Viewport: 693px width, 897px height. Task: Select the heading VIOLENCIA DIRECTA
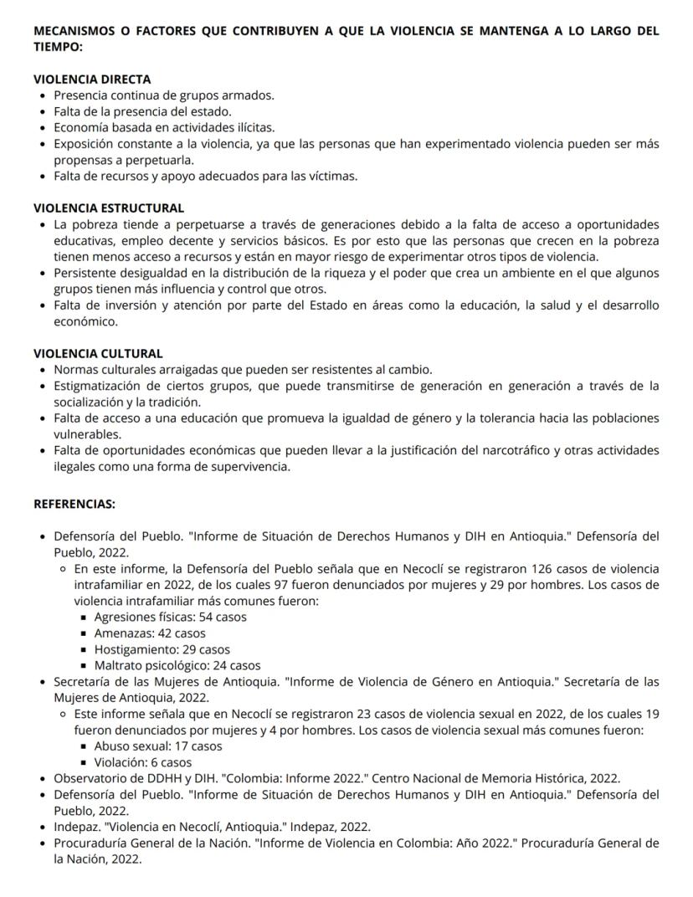tap(92, 79)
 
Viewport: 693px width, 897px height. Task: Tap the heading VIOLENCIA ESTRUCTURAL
tap(109, 208)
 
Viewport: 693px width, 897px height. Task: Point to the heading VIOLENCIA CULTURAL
tap(98, 353)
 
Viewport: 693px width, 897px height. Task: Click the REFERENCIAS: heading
tap(74, 505)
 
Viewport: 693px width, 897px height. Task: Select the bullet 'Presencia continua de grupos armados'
tap(164, 95)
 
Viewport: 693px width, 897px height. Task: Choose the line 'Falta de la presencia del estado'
tap(142, 111)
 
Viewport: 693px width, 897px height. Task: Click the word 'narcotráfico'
tap(512, 450)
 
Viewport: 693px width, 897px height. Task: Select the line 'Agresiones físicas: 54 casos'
tap(171, 618)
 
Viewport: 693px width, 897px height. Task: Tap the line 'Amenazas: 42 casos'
tap(150, 633)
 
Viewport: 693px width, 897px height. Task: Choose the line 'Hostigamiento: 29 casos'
tap(162, 649)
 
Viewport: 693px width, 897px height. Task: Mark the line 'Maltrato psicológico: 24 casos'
tap(177, 666)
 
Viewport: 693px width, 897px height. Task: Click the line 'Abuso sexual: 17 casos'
tap(158, 746)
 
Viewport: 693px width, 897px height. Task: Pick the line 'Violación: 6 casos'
tap(143, 762)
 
